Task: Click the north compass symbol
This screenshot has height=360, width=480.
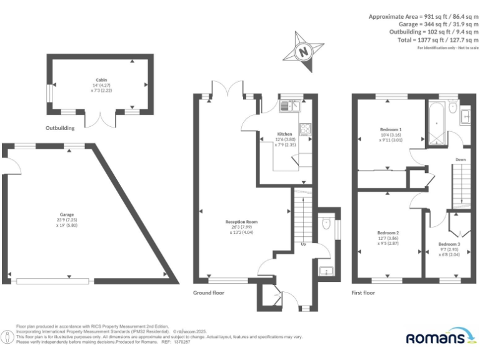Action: [x=304, y=51]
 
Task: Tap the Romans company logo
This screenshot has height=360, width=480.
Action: [x=436, y=337]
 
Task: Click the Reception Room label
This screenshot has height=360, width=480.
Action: [x=241, y=222]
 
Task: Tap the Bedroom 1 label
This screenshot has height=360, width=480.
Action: [x=391, y=130]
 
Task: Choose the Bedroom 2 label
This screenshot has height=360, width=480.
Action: [x=389, y=233]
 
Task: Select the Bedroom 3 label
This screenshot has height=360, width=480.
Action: [x=449, y=244]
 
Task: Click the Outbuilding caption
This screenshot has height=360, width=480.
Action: [x=60, y=128]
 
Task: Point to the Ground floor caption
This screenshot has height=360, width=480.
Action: [x=209, y=292]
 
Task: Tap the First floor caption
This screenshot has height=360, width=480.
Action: [x=363, y=292]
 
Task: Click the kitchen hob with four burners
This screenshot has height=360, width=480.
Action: [x=306, y=130]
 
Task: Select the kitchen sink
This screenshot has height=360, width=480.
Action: [x=289, y=106]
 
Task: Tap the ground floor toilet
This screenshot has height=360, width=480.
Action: [x=326, y=223]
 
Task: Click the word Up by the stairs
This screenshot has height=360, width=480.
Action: [x=304, y=244]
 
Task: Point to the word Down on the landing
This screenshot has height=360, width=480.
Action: [x=460, y=159]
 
